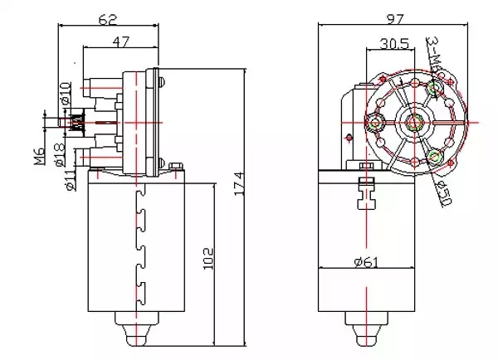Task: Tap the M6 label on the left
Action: tap(39, 156)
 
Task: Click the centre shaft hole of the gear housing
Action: tap(413, 124)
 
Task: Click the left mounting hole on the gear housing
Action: tap(375, 125)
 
